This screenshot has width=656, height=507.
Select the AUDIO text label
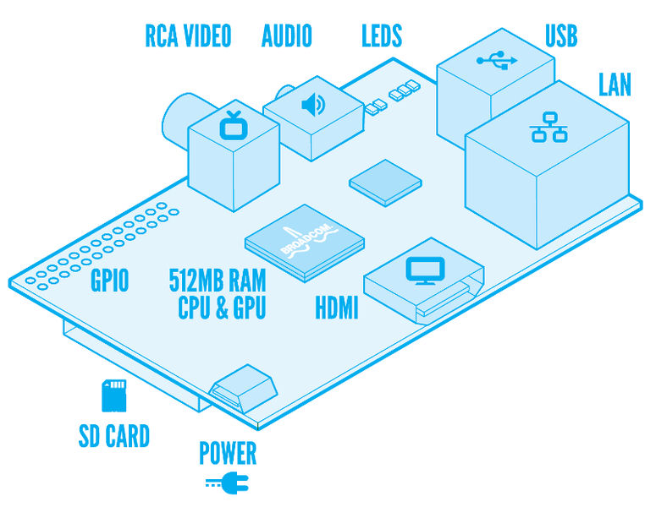coord(287,35)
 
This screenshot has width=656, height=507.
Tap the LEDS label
coord(381,35)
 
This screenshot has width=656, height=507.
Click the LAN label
coord(615,85)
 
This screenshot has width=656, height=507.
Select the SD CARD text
coord(113,436)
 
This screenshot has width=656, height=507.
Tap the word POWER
coord(227,454)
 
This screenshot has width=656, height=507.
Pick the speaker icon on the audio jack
coord(313,105)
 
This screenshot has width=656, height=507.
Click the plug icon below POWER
coord(224,484)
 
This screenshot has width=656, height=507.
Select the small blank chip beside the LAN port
coord(386,183)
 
